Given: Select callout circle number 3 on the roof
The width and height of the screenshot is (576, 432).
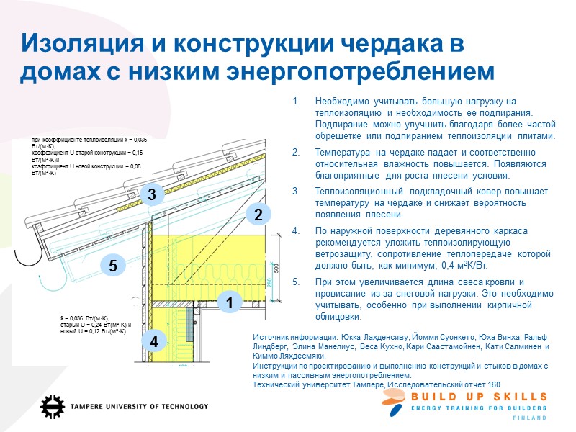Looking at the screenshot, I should (151, 194).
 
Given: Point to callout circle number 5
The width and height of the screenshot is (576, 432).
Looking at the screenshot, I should (113, 266).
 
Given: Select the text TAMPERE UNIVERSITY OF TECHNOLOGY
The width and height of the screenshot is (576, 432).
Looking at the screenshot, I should (139, 407).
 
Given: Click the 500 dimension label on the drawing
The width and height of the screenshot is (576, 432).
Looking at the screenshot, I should (276, 267).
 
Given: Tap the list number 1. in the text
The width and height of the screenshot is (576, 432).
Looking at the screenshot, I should (296, 102).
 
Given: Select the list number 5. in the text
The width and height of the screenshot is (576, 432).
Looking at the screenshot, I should (296, 282).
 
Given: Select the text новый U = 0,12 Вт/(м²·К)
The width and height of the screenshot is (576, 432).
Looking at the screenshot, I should (94, 331).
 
